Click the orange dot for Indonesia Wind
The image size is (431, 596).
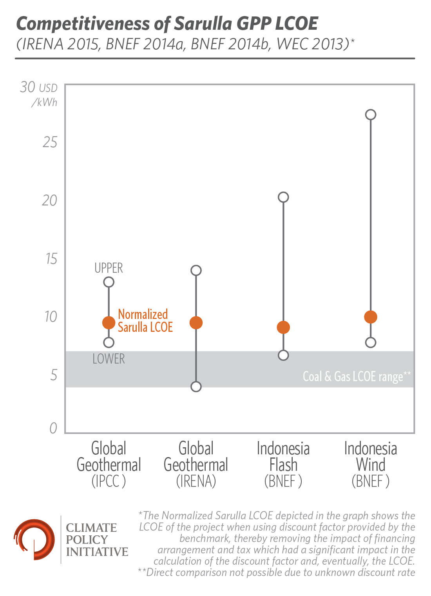371,317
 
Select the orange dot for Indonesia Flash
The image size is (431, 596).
283,327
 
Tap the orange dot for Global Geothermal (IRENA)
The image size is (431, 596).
196,323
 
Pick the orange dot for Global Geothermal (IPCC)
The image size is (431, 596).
109,323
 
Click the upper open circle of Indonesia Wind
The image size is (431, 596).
371,115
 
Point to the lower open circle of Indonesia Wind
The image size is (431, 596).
371,342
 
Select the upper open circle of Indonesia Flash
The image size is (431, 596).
283,197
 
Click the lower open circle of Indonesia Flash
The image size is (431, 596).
283,355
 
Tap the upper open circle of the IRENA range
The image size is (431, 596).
196,270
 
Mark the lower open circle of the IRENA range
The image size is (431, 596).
196,387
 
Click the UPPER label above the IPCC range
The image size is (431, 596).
109,268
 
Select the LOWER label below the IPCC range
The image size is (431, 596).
109,359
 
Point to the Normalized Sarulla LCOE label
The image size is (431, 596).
145,321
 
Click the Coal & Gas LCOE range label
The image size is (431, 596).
357,376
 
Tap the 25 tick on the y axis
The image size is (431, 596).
50,142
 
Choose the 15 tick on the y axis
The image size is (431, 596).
51,259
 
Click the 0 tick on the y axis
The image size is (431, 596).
53,428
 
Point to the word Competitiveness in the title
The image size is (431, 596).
83,24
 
